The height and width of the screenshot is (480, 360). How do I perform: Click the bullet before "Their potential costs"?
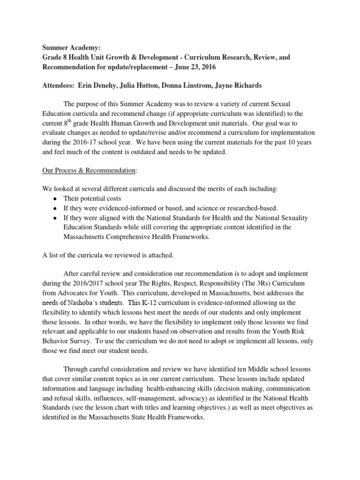click(56, 199)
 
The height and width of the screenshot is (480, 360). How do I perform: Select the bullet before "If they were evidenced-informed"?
click(56, 208)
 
